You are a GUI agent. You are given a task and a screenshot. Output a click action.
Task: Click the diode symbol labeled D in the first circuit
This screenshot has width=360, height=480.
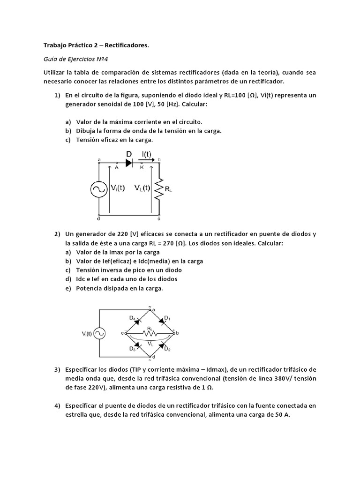129,163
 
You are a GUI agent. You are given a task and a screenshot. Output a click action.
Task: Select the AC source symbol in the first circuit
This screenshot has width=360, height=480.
99,189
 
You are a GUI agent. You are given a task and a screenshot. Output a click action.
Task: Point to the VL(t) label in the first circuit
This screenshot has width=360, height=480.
140,188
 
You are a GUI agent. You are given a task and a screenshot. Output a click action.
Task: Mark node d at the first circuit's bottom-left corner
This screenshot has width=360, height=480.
98,218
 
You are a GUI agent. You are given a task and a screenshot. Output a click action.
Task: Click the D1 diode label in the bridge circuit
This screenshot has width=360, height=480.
167,319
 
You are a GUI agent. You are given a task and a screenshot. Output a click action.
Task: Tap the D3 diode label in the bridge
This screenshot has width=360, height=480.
133,348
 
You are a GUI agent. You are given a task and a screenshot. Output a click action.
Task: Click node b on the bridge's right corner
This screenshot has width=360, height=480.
177,333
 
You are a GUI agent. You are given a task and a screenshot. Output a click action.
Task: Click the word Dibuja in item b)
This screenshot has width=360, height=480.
87,131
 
